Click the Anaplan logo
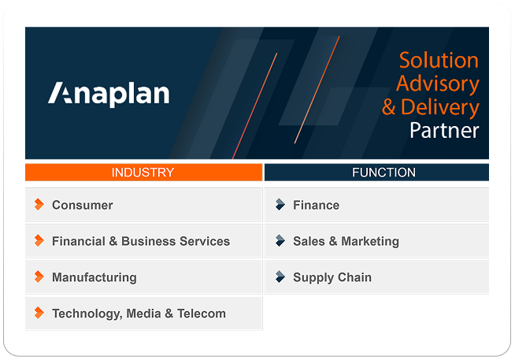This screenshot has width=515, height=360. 109,94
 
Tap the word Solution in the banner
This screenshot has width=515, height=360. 439,61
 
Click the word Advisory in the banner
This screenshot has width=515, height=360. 437,84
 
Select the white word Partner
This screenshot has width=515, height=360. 444,130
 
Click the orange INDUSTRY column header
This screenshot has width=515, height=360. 143,173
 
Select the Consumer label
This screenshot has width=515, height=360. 82,205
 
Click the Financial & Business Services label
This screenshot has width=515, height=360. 140,241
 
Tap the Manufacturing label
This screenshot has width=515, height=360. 94,277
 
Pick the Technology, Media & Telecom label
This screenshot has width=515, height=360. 139,314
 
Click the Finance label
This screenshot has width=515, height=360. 316,205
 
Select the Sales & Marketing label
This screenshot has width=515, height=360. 346,241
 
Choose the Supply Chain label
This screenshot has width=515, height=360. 332,277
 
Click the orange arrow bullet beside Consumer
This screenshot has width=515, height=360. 39,205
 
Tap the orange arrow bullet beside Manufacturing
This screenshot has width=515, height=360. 39,277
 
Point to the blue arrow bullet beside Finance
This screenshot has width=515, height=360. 280,205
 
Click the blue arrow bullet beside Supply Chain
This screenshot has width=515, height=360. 280,277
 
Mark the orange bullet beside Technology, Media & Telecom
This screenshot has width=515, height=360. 39,314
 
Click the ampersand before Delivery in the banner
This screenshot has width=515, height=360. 389,108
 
